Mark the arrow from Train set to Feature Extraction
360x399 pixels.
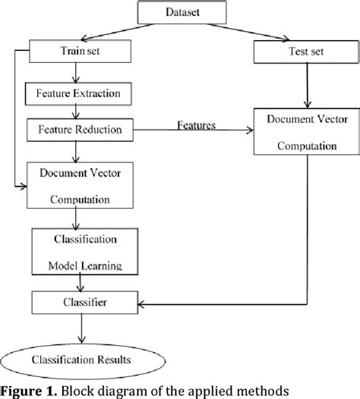74,74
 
